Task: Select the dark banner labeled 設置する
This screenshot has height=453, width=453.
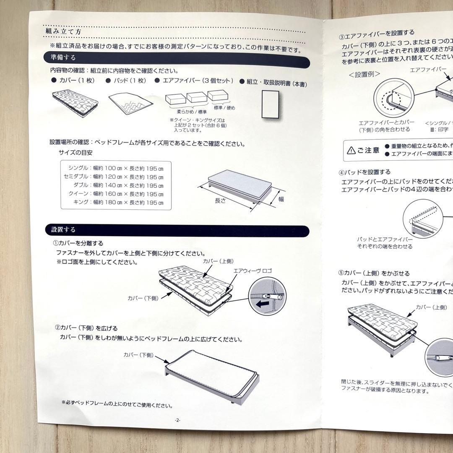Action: pyautogui.click(x=176, y=229)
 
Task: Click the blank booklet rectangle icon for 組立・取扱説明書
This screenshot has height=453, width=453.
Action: pyautogui.click(x=271, y=105)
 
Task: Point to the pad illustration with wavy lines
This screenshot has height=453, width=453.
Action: pyautogui.click(x=130, y=102)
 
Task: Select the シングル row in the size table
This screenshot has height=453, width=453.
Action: pyautogui.click(x=116, y=168)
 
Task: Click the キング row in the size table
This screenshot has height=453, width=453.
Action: pyautogui.click(x=116, y=202)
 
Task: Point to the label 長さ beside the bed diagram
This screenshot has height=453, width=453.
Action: pyautogui.click(x=220, y=200)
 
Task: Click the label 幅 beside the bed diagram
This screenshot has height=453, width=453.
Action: pyautogui.click(x=281, y=199)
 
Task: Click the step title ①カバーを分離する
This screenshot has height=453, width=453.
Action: pyautogui.click(x=78, y=243)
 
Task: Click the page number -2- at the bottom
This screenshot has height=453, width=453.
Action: pyautogui.click(x=178, y=420)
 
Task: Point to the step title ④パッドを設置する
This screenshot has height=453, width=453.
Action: pyautogui.click(x=364, y=172)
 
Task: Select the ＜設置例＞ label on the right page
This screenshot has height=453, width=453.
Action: pyautogui.click(x=364, y=74)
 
